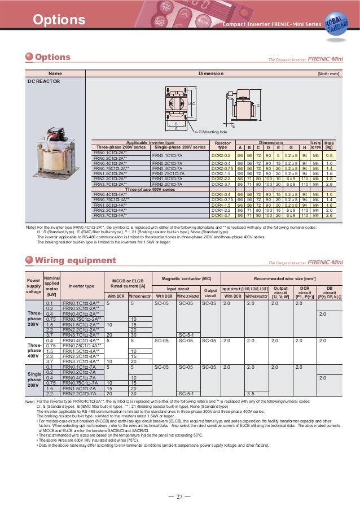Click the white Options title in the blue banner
(x=59, y=21)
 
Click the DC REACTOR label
(x=44, y=81)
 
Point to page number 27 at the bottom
(x=180, y=496)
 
